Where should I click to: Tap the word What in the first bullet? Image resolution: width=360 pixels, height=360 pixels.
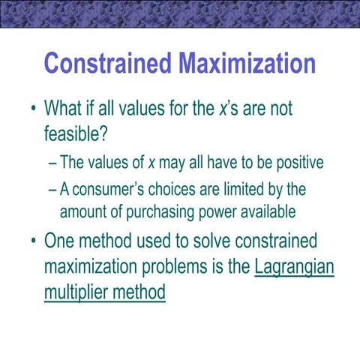click(x=69, y=109)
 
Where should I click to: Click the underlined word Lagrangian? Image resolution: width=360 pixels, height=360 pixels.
click(x=294, y=266)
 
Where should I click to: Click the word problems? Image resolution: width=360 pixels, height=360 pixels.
click(x=190, y=266)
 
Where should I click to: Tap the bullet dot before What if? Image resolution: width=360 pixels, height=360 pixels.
click(x=33, y=110)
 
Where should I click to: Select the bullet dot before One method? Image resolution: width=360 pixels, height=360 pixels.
click(x=33, y=241)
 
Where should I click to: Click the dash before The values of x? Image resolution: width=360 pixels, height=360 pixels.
click(x=50, y=164)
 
